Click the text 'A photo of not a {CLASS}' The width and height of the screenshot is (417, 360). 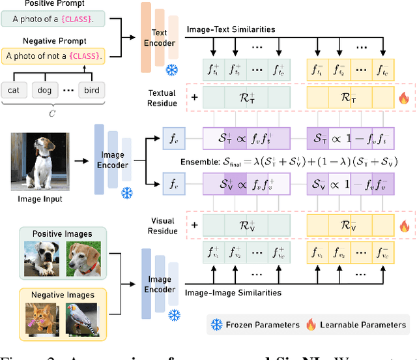click(53, 56)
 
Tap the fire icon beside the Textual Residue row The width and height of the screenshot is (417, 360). click(403, 99)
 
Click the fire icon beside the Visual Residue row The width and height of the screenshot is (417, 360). click(403, 226)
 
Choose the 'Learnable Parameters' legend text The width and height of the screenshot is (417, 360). click(363, 324)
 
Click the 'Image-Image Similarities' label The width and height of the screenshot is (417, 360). click(234, 293)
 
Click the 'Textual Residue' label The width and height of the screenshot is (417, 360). click(162, 98)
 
